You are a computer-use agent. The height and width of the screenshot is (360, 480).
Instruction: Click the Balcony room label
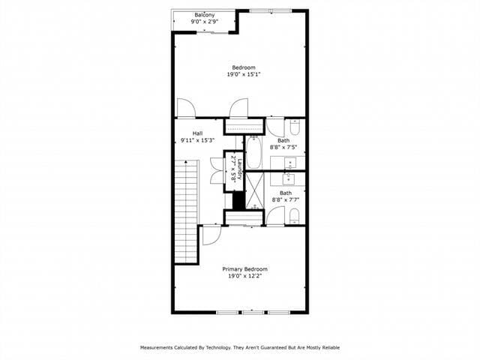[205, 15]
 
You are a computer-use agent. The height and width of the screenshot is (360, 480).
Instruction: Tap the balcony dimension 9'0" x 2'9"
[205, 22]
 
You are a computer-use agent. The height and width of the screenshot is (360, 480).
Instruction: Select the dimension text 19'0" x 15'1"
[244, 74]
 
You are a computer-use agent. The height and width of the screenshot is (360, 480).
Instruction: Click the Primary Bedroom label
[244, 268]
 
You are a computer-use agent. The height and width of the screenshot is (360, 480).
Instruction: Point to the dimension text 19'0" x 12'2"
[244, 276]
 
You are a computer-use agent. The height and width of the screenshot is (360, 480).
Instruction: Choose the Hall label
[197, 133]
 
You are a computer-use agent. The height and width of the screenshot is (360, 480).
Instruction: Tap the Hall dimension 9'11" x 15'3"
[197, 140]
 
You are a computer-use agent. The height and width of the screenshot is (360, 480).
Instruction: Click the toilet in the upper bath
[295, 124]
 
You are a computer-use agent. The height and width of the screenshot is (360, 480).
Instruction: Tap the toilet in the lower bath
[295, 217]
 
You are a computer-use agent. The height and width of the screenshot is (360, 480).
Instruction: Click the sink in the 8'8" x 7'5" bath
[289, 163]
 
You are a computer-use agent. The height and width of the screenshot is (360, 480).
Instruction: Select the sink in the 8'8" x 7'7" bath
[289, 178]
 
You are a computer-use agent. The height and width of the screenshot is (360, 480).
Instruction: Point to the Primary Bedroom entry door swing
[210, 235]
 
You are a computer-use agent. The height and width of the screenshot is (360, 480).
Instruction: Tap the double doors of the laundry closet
[217, 169]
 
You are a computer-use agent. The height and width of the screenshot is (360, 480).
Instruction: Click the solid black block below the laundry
[238, 200]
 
